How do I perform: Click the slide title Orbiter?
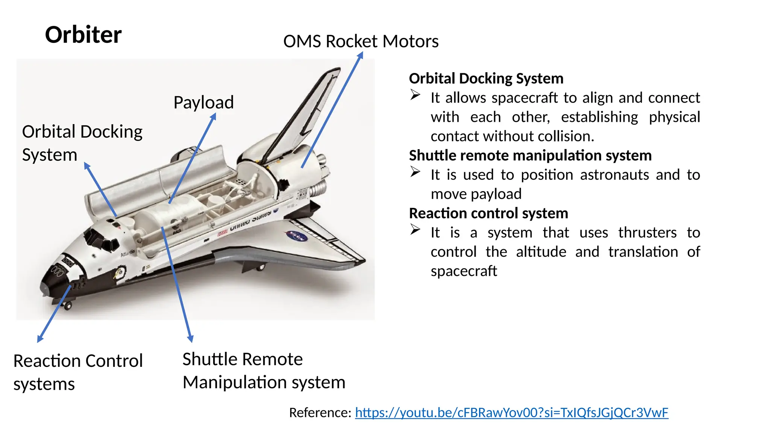83,35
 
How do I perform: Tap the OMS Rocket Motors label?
361,41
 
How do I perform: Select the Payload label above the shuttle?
203,103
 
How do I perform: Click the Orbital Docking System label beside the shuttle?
82,143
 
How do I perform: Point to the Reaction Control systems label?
78,372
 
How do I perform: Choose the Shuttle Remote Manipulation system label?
264,371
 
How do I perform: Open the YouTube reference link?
511,413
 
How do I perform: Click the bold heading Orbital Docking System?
486,79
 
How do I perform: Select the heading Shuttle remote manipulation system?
530,156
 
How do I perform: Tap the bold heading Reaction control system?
488,213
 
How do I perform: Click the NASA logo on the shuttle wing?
297,236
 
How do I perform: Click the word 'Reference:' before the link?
320,413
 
